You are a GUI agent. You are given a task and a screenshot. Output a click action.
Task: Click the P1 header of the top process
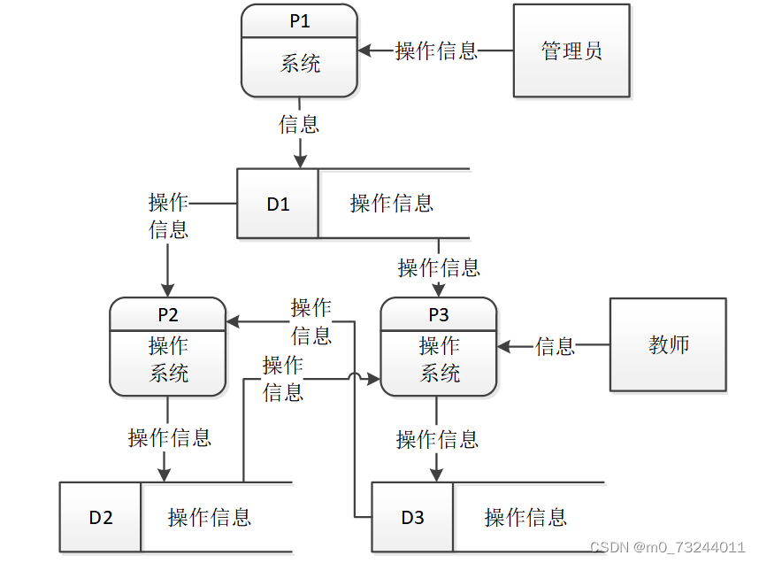300,21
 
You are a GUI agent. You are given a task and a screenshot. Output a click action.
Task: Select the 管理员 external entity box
572,50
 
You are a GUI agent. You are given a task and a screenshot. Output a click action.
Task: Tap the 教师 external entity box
668,344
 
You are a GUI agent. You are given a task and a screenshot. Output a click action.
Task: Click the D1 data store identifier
278,204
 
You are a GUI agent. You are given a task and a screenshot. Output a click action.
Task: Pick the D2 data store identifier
100,518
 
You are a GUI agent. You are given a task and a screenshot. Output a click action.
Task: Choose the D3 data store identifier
412,518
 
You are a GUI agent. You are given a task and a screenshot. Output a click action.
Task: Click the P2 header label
168,314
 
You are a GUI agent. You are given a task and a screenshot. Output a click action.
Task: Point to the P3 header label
439,314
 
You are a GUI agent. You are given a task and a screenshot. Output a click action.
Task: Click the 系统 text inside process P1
300,65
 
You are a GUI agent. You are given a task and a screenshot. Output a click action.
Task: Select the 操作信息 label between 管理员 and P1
436,50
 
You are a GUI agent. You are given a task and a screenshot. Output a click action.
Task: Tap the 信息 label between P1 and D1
299,124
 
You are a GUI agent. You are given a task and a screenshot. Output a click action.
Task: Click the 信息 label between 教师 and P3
556,347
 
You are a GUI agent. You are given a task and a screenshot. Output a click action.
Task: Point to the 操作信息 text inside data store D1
392,204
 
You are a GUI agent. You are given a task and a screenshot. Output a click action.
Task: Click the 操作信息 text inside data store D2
210,518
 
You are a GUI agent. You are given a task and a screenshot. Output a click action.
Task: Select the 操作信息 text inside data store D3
525,518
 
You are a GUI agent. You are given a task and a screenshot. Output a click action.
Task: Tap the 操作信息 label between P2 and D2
170,437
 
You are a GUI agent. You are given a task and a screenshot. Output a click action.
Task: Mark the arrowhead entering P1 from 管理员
364,50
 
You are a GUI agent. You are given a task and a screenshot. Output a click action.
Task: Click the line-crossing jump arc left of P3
355,378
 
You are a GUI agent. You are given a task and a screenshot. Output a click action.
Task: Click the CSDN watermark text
667,547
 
